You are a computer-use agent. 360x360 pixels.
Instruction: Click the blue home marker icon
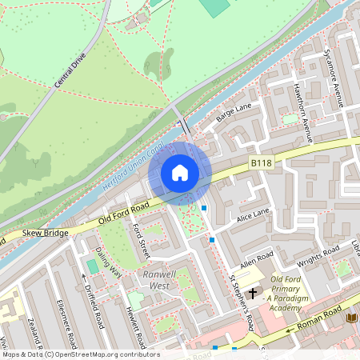coord(180,173)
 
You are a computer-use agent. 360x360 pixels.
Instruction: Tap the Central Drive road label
coord(70,71)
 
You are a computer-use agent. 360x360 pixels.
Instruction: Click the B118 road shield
coord(261,162)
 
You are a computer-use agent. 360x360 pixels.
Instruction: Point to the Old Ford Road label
coord(124,211)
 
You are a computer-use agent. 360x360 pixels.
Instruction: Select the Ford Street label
coord(142,241)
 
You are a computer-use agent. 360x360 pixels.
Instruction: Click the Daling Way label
coord(109,260)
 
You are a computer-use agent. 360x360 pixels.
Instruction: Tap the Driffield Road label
coord(93,299)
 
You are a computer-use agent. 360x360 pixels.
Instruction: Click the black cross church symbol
coord(252,293)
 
